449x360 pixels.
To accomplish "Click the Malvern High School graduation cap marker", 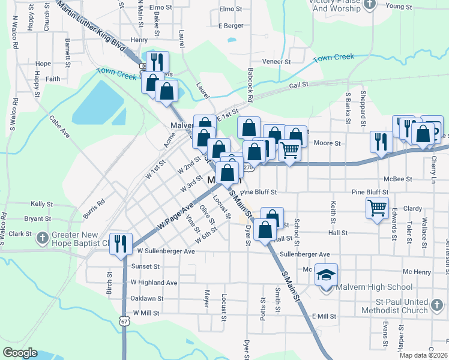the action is [x=326, y=275].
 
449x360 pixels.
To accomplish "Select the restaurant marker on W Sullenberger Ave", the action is [x=121, y=243].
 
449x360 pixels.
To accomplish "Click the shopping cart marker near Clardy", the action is [x=378, y=208].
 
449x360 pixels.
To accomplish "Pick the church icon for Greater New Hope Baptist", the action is [x=42, y=238].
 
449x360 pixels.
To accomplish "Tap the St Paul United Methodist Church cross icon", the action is [x=438, y=306].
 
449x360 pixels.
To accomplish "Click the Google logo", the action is [x=20, y=353].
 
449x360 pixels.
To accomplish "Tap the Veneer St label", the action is [x=276, y=61].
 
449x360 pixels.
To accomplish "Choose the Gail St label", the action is [x=298, y=85].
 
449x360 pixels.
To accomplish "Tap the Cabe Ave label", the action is [x=60, y=127].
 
